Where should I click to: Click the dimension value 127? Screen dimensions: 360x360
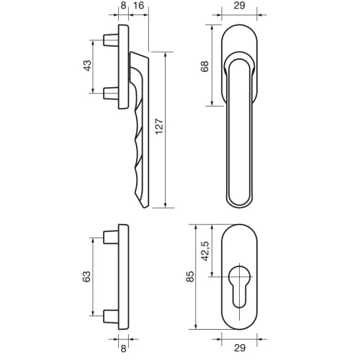pos(159,126)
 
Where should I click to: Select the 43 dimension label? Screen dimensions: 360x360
pos(87,66)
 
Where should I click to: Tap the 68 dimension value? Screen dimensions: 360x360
pos(204,66)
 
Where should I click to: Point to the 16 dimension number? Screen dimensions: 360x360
pos(138,6)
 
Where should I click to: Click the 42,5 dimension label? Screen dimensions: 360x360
pos(205,251)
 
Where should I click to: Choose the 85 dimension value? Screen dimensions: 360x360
pos(190,276)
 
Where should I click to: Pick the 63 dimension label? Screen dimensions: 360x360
pos(86,276)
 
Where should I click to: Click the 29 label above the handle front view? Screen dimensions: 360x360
pos(239,6)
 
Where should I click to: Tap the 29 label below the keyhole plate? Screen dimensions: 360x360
pos(240,348)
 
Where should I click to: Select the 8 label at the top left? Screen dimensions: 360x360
pos(123,6)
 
